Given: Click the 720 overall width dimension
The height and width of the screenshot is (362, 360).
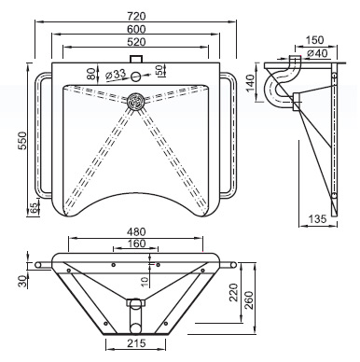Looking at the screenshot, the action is (136, 16).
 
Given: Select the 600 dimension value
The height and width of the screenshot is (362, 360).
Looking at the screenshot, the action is (136, 29).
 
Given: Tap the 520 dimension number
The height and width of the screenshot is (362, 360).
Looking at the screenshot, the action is (136, 42).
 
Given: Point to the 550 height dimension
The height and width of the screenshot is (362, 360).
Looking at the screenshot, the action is (22, 141).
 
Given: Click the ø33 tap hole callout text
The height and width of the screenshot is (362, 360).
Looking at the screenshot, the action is (116, 75).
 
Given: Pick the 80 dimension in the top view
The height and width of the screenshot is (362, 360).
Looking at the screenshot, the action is (90, 74).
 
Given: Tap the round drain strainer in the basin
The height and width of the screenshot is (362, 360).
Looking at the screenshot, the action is (136, 101).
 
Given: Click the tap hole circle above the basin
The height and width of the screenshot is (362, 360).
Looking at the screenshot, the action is (136, 76).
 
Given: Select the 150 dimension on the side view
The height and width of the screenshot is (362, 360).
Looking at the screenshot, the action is (314, 40).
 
